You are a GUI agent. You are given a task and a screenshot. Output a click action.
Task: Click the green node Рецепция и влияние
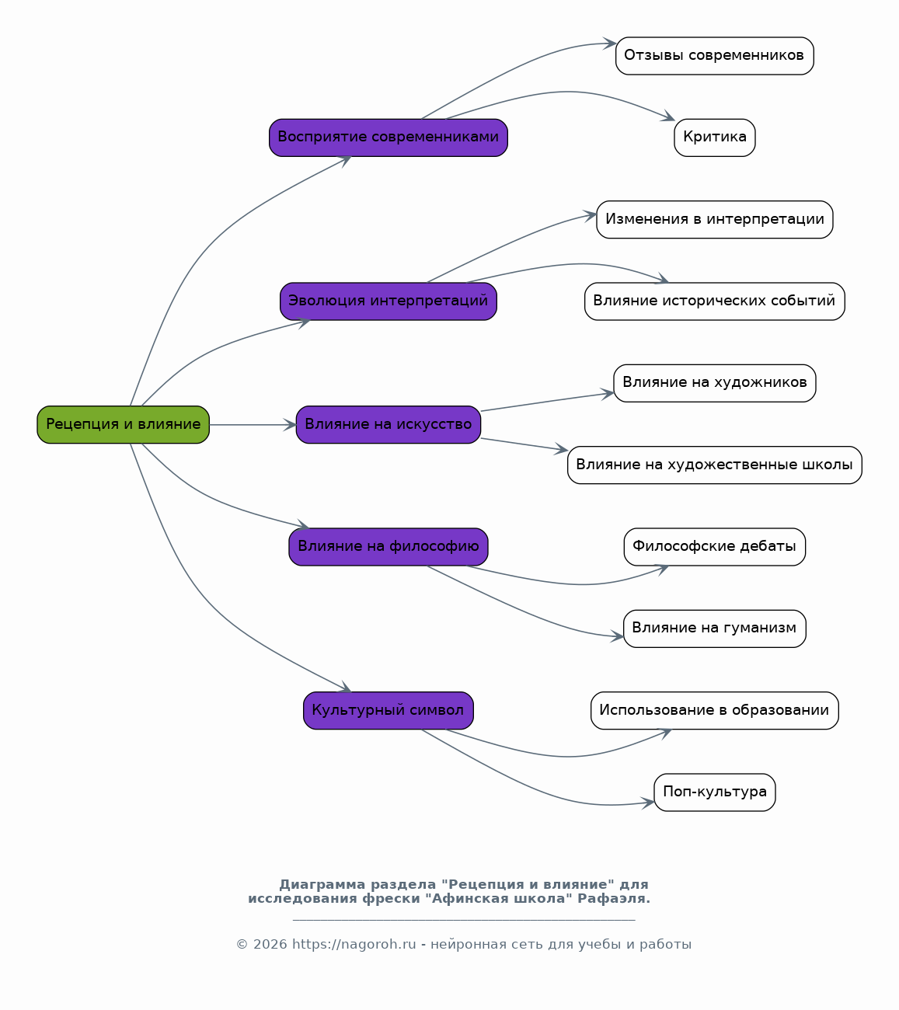coord(124,424)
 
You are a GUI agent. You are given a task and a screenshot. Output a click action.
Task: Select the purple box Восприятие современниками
coord(388,138)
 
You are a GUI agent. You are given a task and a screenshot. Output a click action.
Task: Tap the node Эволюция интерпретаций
coord(388,301)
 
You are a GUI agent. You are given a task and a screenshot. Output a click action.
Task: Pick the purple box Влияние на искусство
coord(388,424)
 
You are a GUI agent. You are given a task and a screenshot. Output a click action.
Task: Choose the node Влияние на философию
coord(388,547)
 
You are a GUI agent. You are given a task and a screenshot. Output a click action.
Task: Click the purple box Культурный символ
coord(388,710)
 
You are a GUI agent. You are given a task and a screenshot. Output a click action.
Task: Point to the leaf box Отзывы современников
coord(715,56)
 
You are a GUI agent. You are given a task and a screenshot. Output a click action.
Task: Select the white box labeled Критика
coord(715,138)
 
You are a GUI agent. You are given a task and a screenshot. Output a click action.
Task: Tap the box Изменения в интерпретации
coord(715,219)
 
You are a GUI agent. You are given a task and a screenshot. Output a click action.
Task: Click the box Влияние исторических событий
coord(715,301)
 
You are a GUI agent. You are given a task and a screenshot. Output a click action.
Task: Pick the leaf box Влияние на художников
coord(715,383)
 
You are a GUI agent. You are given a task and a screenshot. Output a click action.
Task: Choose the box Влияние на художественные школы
coord(715,465)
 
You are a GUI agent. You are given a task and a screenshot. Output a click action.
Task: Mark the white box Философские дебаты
coord(715,547)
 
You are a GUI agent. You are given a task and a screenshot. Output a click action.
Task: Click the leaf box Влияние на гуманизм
coord(715,629)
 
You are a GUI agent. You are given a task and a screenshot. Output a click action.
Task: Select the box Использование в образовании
coord(715,710)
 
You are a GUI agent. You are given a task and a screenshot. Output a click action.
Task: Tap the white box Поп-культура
coord(715,792)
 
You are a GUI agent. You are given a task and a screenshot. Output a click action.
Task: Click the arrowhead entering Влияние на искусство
coord(290,425)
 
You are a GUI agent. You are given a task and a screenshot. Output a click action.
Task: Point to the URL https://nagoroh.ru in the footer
coord(354,944)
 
